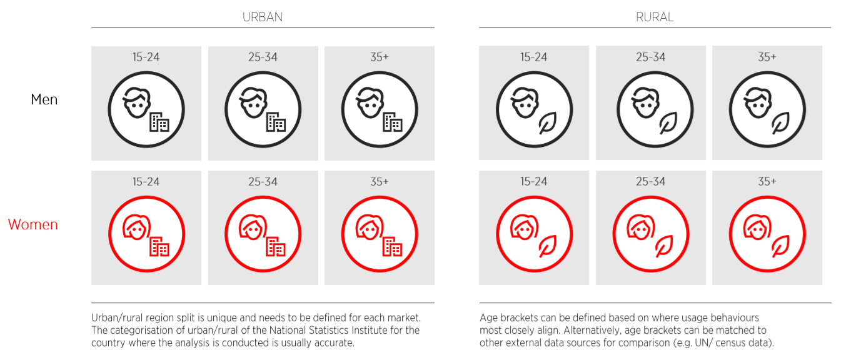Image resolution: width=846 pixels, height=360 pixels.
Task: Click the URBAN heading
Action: tap(263, 17)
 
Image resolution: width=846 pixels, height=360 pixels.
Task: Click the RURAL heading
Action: tap(655, 17)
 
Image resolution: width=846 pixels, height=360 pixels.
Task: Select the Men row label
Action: tap(44, 99)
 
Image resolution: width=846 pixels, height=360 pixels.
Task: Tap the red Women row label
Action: tap(33, 224)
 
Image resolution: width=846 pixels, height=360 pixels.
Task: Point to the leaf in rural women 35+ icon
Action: tap(780, 246)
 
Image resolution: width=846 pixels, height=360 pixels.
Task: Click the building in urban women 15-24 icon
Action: tap(159, 246)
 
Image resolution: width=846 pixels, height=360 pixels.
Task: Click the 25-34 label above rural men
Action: tap(650, 57)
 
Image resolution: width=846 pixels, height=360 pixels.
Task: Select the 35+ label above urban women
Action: tap(380, 182)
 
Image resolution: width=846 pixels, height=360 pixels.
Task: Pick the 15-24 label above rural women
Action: tap(534, 182)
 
